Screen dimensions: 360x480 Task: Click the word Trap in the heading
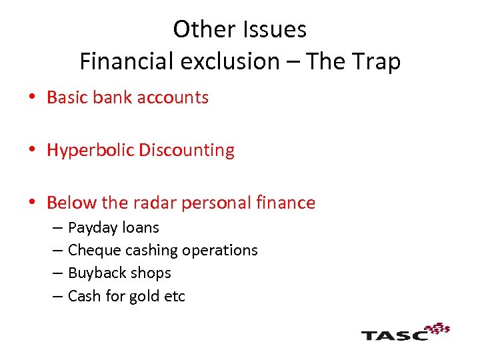coord(377,61)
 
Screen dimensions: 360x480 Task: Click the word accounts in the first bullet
coord(175,97)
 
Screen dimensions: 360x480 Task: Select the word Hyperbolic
coord(91,151)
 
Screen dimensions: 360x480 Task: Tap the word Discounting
coord(187,151)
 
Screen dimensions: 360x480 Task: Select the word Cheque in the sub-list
coord(91,251)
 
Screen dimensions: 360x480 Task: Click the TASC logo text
coord(394,335)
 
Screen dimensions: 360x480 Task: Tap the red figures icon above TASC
coord(437,327)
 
